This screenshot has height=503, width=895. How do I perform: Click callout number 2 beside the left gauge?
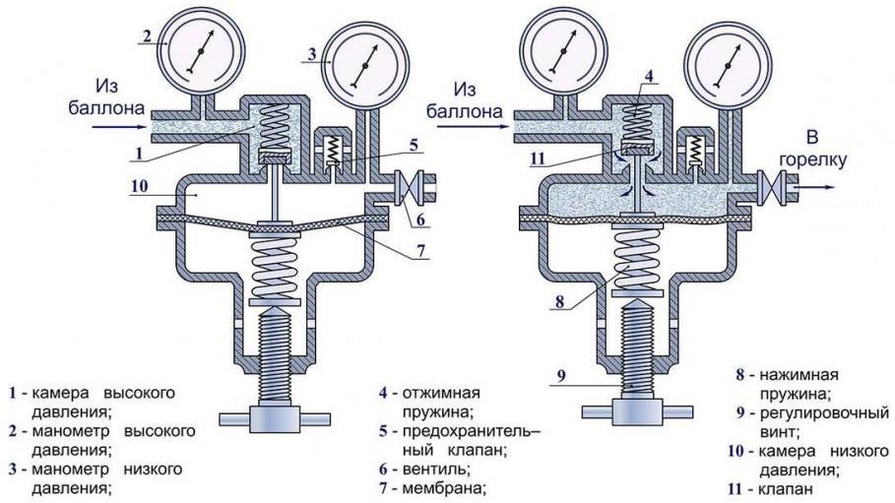tap(147, 35)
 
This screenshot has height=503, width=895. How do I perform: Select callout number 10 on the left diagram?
tap(138, 182)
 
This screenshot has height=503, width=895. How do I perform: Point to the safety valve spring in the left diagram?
tap(332, 151)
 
